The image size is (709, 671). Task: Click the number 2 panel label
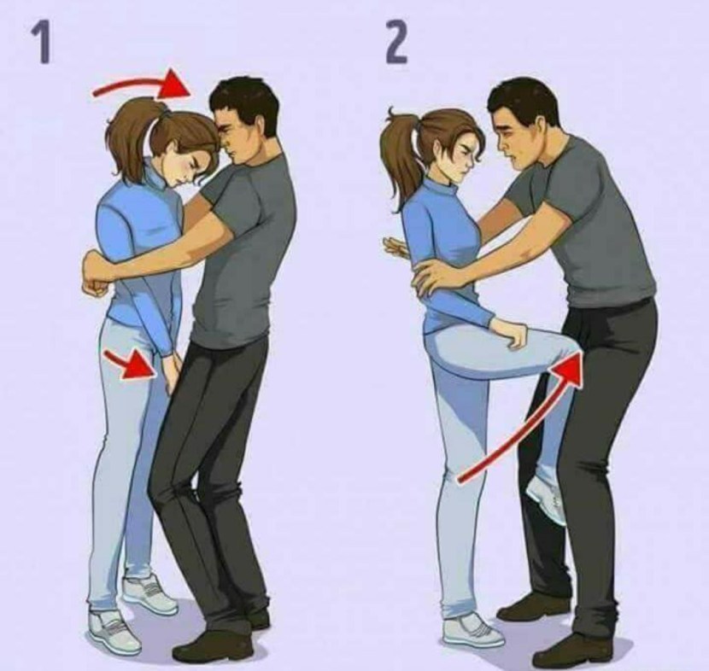pos(397,43)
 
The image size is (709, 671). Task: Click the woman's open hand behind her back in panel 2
pos(395,246)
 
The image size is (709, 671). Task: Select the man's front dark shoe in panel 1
pos(214,646)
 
